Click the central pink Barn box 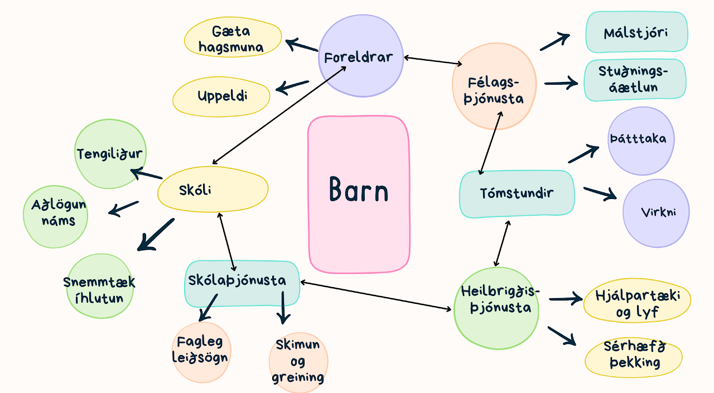coord(359,193)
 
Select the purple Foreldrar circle coord(361,56)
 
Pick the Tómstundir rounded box coord(517,193)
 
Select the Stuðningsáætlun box coord(635,80)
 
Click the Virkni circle coord(656,213)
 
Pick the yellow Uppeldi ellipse coord(221,96)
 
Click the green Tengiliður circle coord(109,154)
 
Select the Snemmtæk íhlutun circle coord(99,287)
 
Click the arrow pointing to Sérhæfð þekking coord(562,336)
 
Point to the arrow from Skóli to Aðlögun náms coord(123,208)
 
